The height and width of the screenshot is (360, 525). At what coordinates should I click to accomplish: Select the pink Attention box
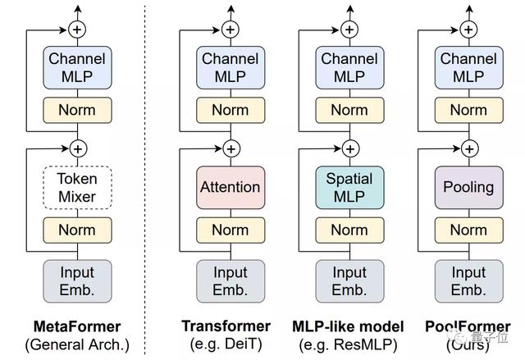231,187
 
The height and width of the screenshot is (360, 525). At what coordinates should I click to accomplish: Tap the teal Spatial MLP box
349,187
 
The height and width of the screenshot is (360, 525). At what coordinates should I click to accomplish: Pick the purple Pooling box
468,187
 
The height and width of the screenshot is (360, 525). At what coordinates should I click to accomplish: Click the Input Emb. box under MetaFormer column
77,281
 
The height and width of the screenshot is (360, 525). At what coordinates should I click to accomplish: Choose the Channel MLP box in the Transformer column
231,67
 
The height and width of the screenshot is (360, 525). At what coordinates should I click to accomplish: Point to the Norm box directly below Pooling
468,230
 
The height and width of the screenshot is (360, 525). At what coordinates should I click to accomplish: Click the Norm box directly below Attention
231,230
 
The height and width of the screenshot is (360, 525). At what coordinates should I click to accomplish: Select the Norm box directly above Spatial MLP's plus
349,110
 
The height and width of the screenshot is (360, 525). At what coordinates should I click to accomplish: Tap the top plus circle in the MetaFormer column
77,30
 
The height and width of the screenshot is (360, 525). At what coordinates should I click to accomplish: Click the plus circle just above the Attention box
231,148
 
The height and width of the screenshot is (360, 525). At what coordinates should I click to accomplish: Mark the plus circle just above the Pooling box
469,148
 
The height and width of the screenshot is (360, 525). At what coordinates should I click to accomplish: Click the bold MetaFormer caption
77,326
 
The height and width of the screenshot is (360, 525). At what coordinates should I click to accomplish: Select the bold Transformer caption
226,326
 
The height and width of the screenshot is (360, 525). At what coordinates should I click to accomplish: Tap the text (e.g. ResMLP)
348,344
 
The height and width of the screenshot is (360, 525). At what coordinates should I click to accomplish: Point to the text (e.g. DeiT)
226,344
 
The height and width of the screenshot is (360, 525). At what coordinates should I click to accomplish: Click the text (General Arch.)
77,344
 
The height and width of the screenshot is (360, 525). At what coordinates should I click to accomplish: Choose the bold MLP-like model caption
348,326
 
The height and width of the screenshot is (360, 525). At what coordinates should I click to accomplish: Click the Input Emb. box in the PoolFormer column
468,281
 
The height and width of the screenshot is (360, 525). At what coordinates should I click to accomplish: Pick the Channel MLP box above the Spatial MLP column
349,67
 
